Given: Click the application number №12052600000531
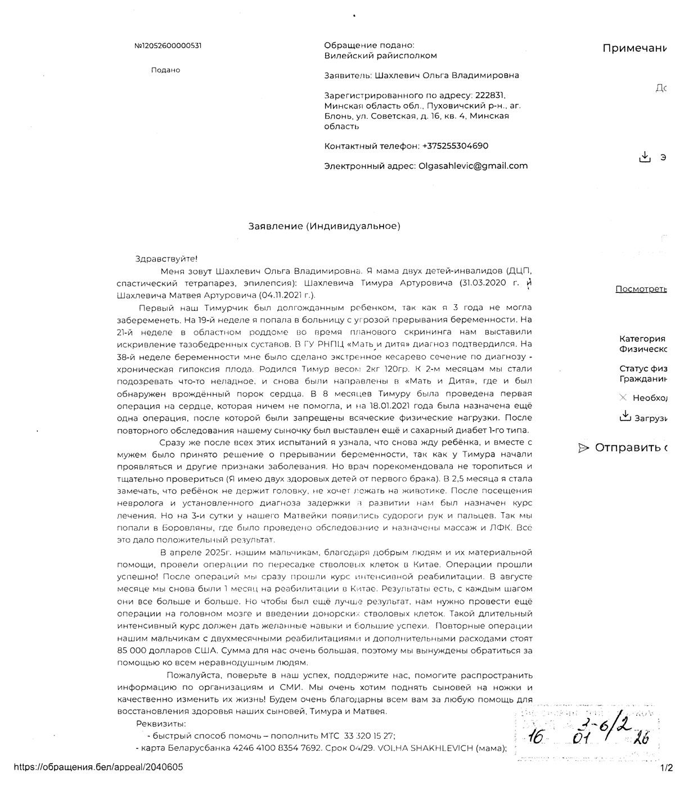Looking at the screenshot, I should pos(168,46).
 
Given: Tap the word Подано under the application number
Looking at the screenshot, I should pos(165,70).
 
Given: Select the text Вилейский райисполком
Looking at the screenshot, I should pos(380,56).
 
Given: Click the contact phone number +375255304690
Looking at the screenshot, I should pos(454,146).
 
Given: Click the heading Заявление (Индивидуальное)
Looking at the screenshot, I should pos(325,226).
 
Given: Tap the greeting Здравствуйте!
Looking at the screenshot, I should pos(166,259).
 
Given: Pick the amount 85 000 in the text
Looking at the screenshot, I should pos(136,651).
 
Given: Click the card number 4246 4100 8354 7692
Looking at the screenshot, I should pos(283,748).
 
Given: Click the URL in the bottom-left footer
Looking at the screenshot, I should pos(98,767).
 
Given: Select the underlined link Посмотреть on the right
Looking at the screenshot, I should pos(641,289).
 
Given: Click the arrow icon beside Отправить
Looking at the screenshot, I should pos(583,448).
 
